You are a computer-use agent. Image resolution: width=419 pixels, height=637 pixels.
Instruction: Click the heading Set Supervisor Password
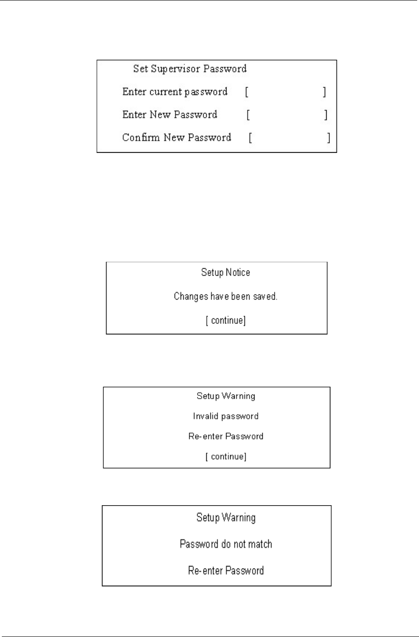[190, 69]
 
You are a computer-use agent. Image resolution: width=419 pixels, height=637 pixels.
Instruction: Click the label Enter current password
[175, 92]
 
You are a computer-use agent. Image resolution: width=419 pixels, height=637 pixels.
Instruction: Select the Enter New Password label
[170, 115]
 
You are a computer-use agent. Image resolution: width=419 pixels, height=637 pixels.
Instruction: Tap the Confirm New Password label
[176, 138]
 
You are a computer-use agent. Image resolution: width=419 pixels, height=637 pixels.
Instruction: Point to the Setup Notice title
[226, 273]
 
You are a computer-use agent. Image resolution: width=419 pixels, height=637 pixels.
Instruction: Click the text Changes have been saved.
[226, 297]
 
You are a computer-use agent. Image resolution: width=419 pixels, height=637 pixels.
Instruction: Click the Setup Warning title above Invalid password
[226, 396]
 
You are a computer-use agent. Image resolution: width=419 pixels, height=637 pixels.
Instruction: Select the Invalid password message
[226, 416]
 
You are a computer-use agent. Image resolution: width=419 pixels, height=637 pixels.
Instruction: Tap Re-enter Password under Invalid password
[226, 436]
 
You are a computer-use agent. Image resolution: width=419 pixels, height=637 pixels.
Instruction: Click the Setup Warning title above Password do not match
[226, 518]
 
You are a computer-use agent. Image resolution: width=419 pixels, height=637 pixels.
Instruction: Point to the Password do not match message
[226, 544]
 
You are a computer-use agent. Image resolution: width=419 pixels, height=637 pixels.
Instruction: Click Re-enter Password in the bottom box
[226, 571]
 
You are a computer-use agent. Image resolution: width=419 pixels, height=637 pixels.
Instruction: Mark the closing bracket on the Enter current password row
[324, 92]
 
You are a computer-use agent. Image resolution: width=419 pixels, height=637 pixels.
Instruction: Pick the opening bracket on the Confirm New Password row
[250, 138]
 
